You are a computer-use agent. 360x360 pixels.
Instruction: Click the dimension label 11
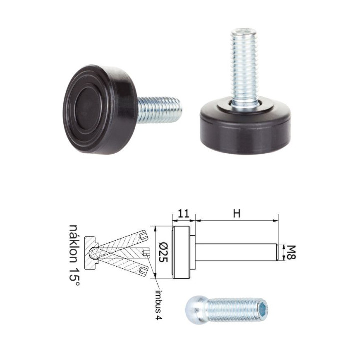click(184, 214)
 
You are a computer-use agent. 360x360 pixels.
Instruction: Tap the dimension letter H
click(237, 214)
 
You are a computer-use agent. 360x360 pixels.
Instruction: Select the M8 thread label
click(290, 252)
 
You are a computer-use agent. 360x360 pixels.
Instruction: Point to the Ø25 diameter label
click(163, 252)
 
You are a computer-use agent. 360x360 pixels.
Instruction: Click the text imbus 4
click(159, 305)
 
